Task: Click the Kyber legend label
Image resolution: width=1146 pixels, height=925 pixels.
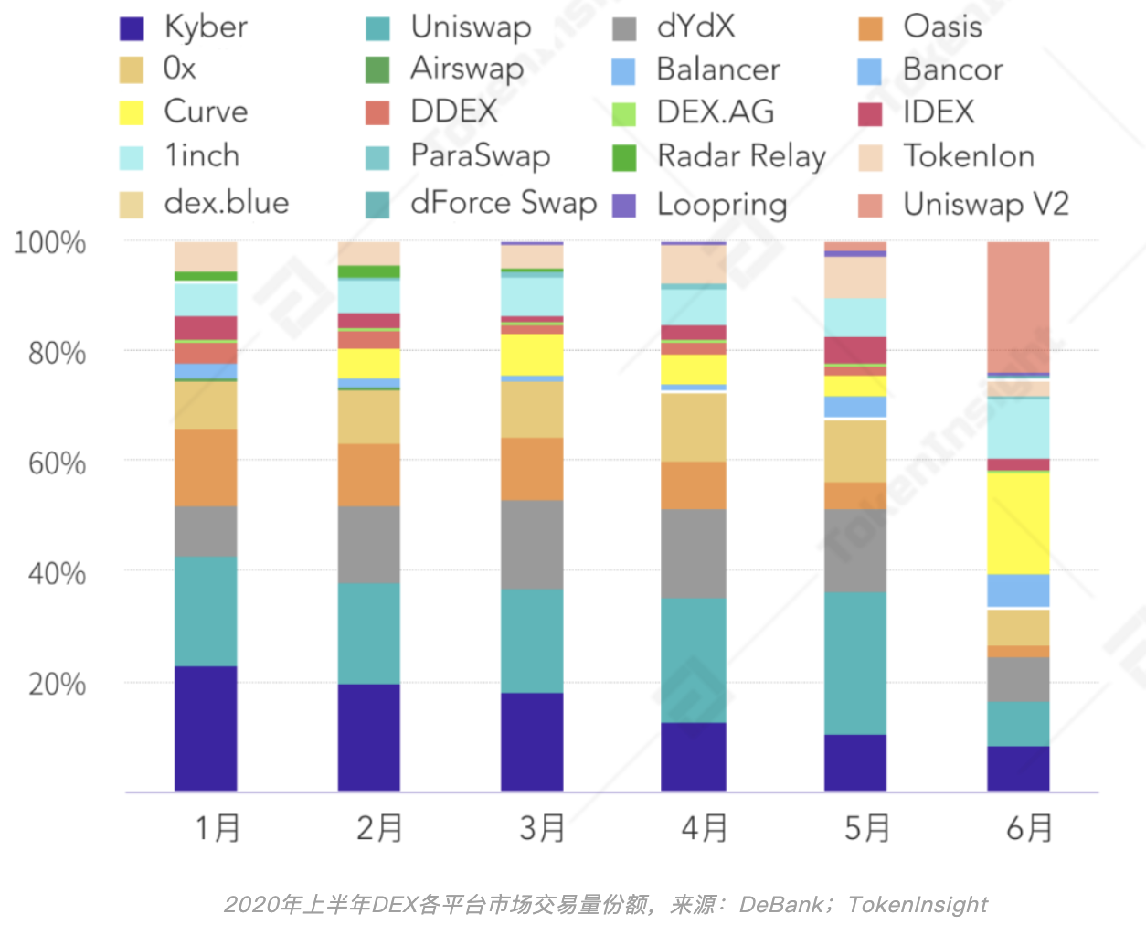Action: tap(206, 27)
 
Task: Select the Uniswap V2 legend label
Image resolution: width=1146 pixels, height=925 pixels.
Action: tap(985, 204)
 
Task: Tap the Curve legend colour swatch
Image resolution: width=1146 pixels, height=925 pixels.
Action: tap(132, 112)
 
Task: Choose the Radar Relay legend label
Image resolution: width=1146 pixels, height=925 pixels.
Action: tap(741, 156)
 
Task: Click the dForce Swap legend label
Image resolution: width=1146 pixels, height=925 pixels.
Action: tap(504, 202)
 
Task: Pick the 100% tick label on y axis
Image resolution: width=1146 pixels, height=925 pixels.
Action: tap(50, 243)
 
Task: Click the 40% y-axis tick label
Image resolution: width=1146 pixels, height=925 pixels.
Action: tap(57, 574)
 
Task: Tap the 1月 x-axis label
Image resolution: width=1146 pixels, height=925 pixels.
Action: tap(218, 828)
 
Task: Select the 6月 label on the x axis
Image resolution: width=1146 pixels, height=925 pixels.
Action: tap(1029, 828)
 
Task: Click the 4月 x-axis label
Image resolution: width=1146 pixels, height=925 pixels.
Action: tap(704, 828)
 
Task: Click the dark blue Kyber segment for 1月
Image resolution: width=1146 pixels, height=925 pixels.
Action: tap(206, 728)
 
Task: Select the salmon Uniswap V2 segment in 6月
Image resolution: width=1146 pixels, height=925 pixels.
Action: tap(1018, 307)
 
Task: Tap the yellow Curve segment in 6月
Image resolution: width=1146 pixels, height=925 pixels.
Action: tap(1018, 523)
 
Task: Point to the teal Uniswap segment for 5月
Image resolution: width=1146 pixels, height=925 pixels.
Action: tap(855, 663)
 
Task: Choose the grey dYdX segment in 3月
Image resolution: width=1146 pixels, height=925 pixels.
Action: tap(532, 544)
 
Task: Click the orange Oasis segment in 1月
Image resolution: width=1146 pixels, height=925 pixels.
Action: tap(206, 467)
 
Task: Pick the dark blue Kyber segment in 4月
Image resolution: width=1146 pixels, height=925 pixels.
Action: tap(694, 756)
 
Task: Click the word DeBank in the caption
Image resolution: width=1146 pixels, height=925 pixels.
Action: tap(780, 904)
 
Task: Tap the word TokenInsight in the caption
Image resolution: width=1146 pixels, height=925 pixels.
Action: tap(918, 904)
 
